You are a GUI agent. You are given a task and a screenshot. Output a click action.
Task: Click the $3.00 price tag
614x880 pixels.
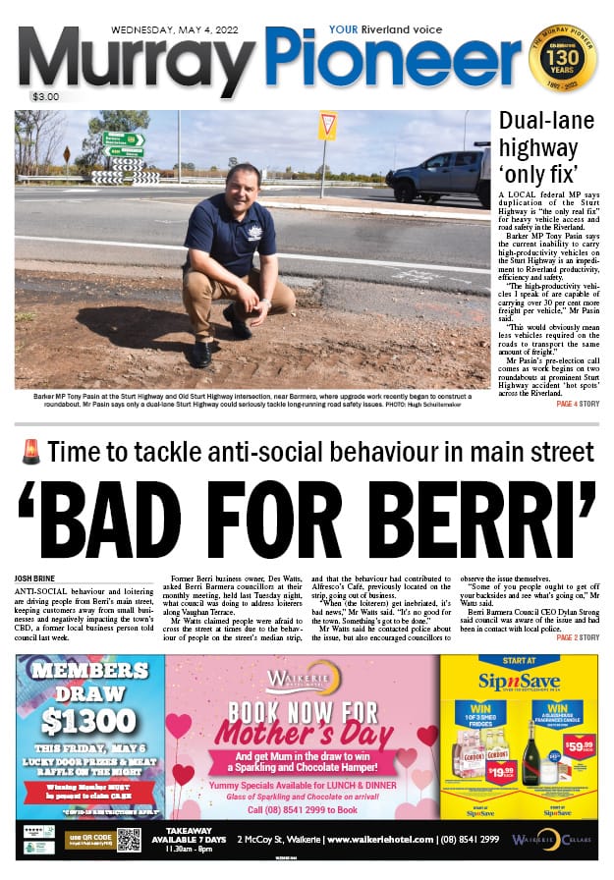45,97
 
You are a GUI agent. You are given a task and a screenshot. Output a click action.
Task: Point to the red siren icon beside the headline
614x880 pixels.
30,454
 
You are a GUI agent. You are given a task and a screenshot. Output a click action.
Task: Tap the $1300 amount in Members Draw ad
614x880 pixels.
89,718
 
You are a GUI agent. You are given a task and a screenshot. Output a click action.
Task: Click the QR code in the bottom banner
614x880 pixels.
129,840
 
